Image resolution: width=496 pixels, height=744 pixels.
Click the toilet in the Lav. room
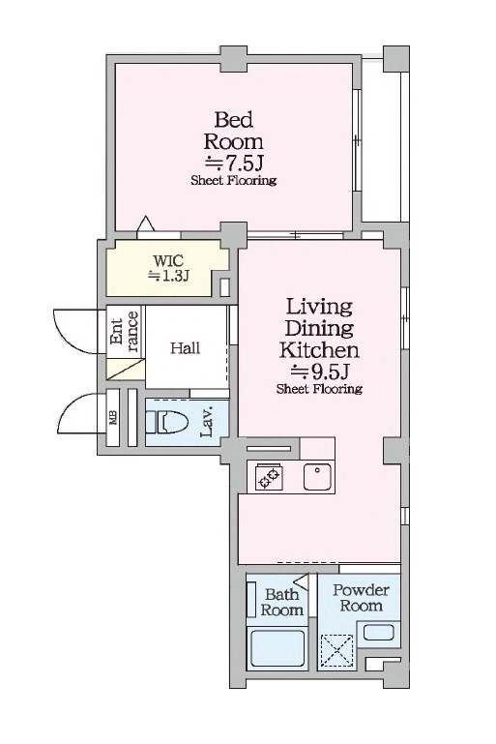pos(166,422)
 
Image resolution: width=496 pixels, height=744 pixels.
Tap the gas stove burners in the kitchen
pos(269,477)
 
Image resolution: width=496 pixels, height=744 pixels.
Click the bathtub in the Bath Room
pos(277,647)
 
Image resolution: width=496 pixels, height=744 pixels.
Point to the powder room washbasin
pos(378,633)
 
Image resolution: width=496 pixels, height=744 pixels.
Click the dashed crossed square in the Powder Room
pos(337,651)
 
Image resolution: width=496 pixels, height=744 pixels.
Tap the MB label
pos(113,418)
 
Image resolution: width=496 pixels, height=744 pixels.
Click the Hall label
pos(186,347)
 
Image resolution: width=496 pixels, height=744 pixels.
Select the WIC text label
pos(168,260)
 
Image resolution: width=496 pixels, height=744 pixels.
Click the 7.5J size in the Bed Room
pos(234,164)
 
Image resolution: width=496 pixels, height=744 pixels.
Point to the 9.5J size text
pos(320,372)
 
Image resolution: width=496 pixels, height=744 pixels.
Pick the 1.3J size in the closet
pos(169,276)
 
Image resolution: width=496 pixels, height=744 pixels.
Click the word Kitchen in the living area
pos(319,350)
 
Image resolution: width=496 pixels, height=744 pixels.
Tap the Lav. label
pos(207,422)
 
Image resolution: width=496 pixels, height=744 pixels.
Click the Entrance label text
pos(125,331)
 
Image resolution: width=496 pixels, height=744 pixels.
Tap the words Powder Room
pos(362,598)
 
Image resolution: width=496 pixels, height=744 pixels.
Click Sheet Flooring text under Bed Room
pos(234,180)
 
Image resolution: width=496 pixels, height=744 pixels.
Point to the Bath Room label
pos(281,602)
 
